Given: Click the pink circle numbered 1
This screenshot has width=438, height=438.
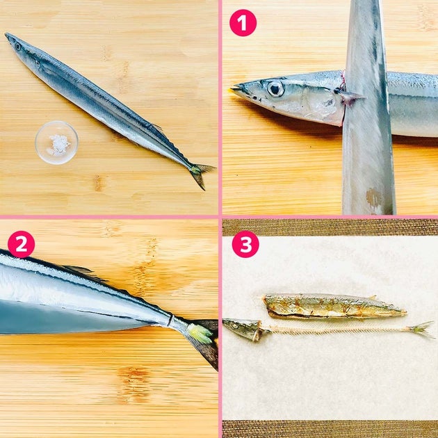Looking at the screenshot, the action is [x=243, y=23].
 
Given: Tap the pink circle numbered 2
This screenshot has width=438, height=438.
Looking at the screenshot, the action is [x=22, y=245].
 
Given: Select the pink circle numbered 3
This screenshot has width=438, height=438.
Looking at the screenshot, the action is [x=245, y=244].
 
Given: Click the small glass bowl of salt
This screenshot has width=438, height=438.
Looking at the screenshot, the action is [x=57, y=143].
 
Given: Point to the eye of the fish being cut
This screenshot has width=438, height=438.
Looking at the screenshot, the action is [x=275, y=89].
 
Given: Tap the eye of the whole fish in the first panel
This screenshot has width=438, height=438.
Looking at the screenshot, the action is [x=18, y=47].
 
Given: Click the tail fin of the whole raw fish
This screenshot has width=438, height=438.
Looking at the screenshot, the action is [x=201, y=174].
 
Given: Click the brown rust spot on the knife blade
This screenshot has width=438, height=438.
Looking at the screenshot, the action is [x=374, y=197].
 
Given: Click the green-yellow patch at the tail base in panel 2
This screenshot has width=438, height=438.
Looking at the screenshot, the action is [x=200, y=334].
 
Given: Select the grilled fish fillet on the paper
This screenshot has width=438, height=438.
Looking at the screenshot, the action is [x=334, y=307].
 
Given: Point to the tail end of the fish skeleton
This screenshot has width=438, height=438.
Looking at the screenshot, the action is [x=421, y=330].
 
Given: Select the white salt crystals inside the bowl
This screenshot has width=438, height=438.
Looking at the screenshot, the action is [x=58, y=145].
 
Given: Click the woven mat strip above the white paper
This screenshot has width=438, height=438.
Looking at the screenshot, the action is [x=330, y=227].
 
